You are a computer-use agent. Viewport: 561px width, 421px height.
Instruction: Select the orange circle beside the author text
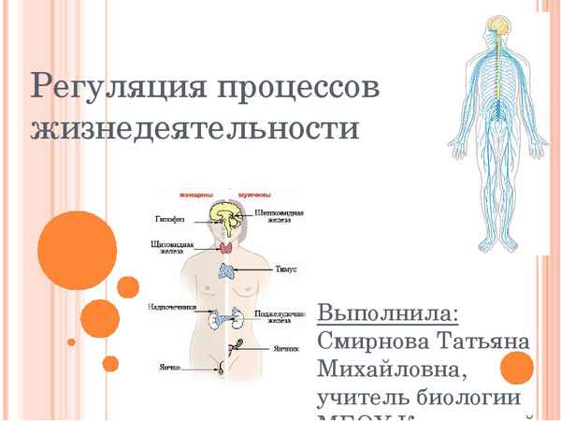click(516, 369)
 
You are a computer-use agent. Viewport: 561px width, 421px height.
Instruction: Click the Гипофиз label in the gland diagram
click(170, 220)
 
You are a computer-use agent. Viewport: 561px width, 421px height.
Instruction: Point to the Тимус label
click(285, 269)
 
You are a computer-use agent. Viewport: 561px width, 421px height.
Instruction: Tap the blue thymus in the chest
click(227, 270)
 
